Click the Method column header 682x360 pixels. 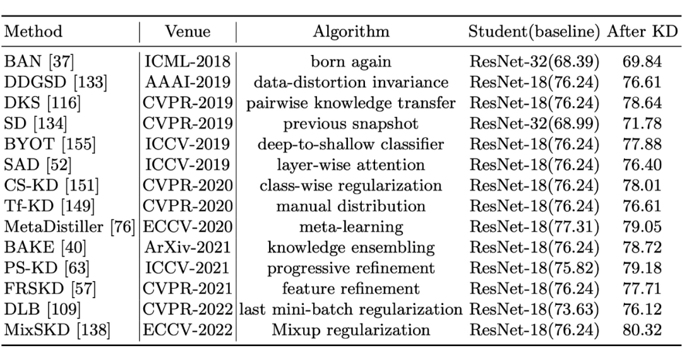tap(33, 32)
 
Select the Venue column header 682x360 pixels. tap(188, 32)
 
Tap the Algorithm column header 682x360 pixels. tap(351, 32)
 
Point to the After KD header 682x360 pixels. tap(642, 32)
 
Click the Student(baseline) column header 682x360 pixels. tap(534, 32)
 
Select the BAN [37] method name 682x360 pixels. tap(39, 61)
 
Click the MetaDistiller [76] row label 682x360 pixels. tap(69, 227)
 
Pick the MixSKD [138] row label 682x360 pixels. tap(57, 330)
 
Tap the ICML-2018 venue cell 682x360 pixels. tap(188, 61)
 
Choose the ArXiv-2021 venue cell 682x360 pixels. tap(188, 247)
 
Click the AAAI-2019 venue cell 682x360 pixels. tap(188, 81)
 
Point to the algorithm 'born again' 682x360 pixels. tap(351, 62)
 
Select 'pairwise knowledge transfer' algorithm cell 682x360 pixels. tap(351, 103)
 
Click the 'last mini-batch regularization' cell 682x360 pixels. tap(351, 309)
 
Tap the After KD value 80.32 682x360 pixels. tap(642, 330)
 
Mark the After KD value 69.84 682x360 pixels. tap(642, 61)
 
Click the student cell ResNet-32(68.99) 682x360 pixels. tap(534, 124)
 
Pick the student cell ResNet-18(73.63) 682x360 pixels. tap(534, 309)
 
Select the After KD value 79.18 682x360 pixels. tap(642, 268)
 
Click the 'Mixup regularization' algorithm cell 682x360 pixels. tap(351, 330)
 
